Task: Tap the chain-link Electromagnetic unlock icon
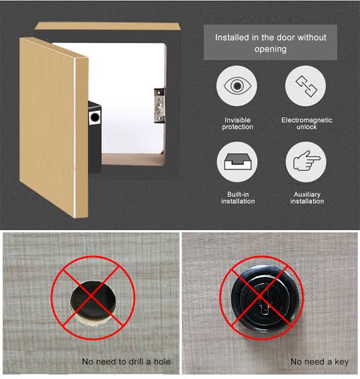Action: (306, 87)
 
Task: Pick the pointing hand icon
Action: (306, 163)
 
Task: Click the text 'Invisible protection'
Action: (237, 123)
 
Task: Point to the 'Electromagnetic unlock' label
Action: (306, 123)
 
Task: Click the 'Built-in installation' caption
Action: (237, 198)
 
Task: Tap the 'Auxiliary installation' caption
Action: (307, 198)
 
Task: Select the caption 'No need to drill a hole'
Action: (126, 362)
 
